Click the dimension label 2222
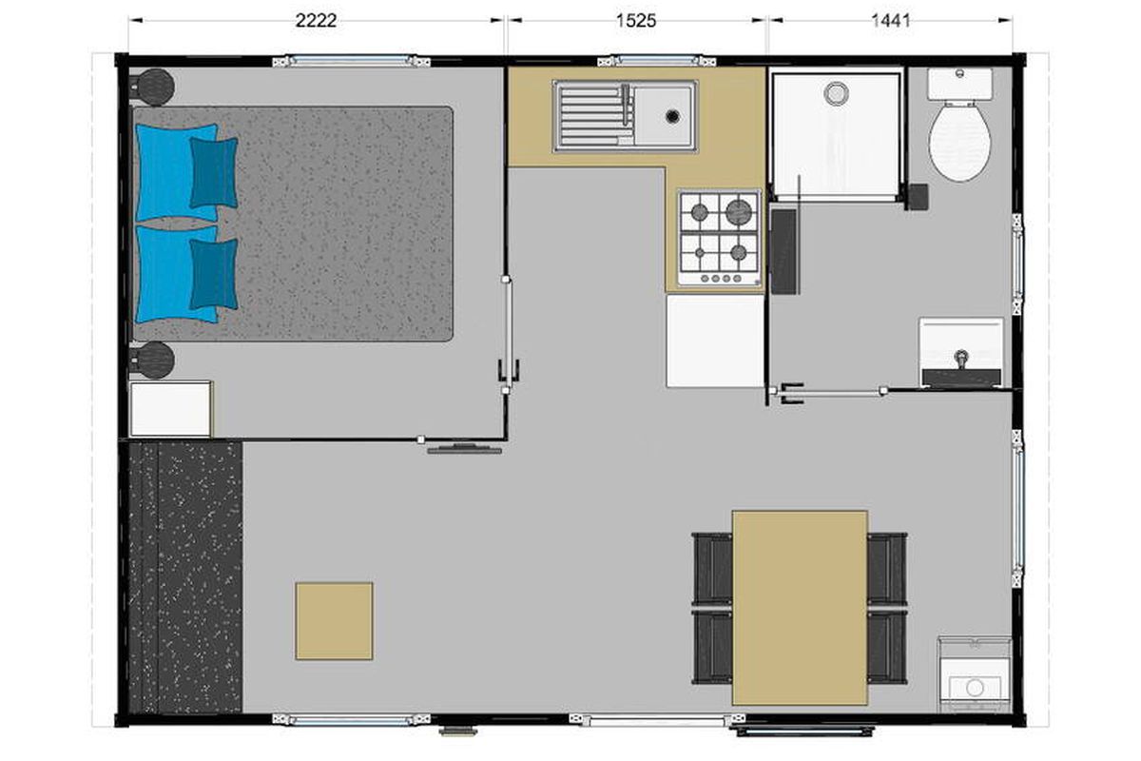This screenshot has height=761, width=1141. (316, 20)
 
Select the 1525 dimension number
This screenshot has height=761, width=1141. (636, 20)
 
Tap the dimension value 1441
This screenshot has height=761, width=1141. (890, 20)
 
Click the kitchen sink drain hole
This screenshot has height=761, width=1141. (672, 116)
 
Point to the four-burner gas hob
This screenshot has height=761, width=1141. (719, 238)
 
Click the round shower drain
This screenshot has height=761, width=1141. (836, 93)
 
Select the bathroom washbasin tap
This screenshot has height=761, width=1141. (961, 359)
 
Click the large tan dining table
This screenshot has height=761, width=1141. (800, 608)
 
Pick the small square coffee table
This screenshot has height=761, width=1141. (334, 621)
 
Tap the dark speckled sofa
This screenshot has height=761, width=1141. (185, 577)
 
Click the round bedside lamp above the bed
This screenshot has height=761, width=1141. (153, 88)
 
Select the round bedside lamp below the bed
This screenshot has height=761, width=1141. (153, 361)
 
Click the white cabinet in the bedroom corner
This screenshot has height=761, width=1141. (170, 409)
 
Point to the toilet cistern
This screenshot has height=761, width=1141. (959, 84)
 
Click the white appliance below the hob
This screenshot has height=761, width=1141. (715, 341)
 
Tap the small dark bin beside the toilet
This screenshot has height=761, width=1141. (919, 196)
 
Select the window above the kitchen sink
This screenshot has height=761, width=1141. (657, 61)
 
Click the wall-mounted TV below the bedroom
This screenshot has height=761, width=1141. (465, 449)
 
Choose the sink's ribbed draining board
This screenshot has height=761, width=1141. (593, 116)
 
